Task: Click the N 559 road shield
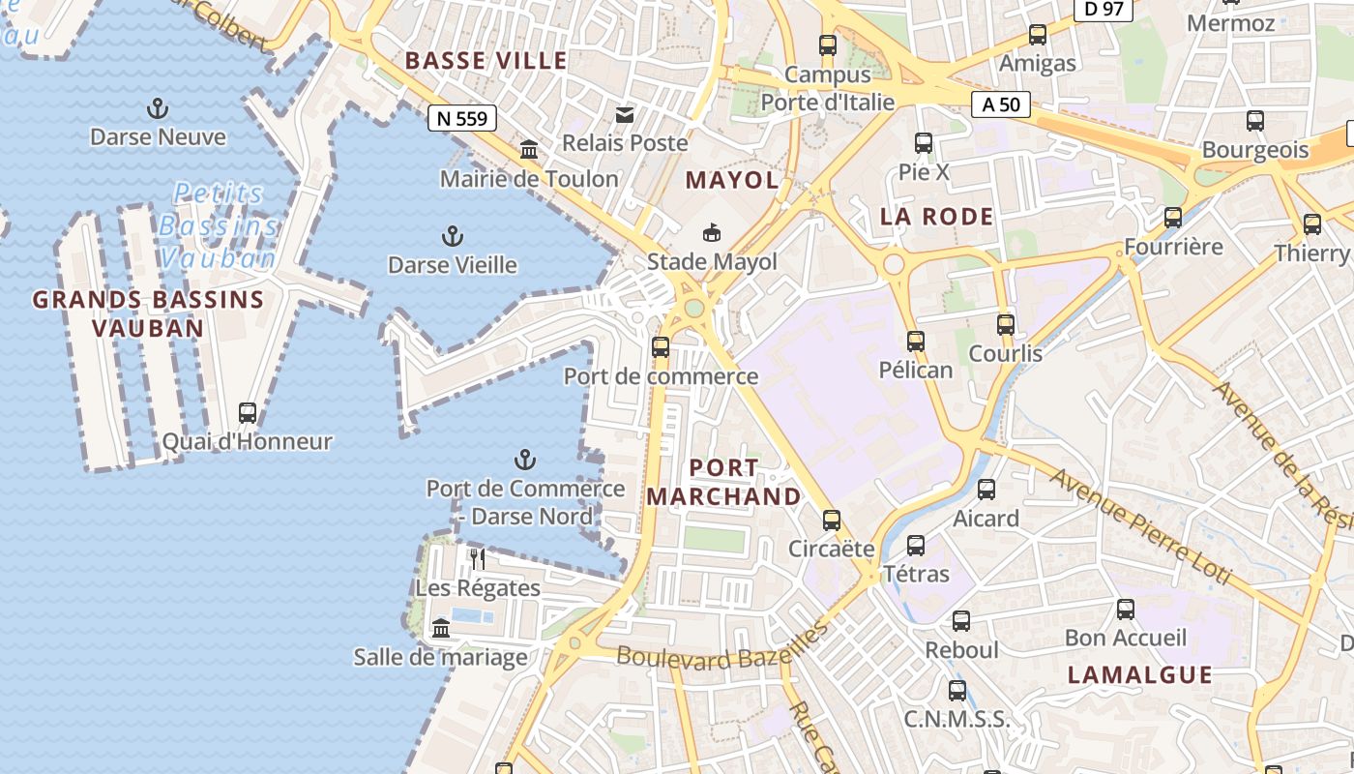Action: tap(462, 118)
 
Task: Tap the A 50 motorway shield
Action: tap(1001, 104)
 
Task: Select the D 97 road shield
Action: tap(1104, 10)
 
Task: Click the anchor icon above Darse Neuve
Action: tap(157, 107)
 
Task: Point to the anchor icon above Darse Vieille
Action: tap(452, 235)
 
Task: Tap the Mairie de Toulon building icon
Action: tap(529, 150)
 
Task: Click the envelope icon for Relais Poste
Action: tap(625, 115)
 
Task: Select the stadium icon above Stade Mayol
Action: tap(712, 232)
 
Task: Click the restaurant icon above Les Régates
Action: tap(477, 558)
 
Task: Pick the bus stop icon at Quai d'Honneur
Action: tap(248, 413)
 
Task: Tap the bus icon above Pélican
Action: tap(915, 341)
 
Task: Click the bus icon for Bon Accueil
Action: tap(1125, 609)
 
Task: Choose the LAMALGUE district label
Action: tap(1139, 675)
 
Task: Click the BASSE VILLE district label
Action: tap(486, 61)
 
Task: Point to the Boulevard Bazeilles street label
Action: tap(723, 646)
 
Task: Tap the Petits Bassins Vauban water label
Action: tap(219, 225)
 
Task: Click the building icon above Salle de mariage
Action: tap(441, 629)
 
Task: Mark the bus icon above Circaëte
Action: tap(831, 520)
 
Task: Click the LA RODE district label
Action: tap(936, 217)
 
